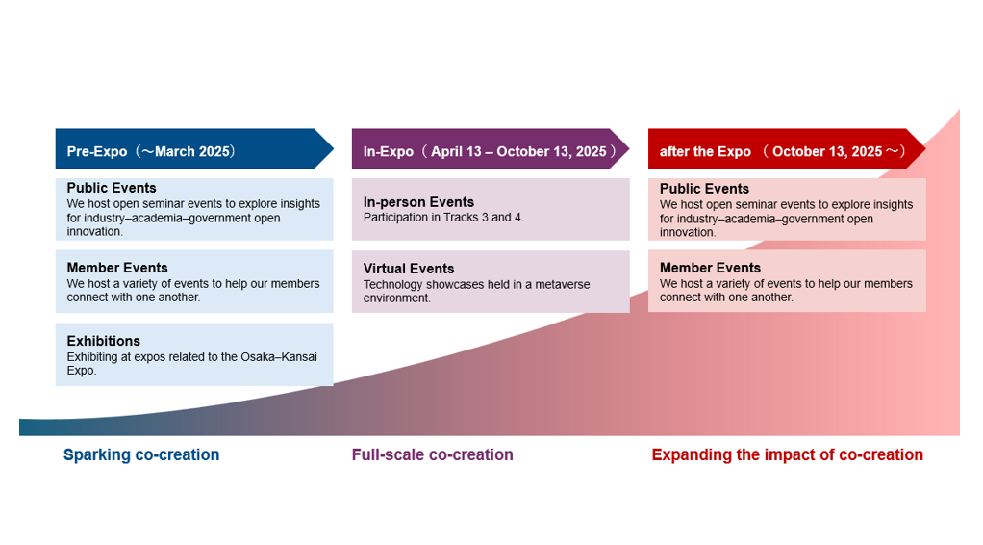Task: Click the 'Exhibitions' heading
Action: pyautogui.click(x=104, y=341)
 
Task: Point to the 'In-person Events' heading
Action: pyautogui.click(x=418, y=202)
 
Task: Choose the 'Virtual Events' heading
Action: pyautogui.click(x=409, y=269)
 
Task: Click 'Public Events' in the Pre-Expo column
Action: pyautogui.click(x=112, y=188)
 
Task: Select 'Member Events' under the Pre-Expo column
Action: pyautogui.click(x=117, y=268)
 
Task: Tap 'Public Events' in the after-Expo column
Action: pyautogui.click(x=704, y=189)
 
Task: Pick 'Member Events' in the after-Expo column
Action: pyautogui.click(x=710, y=268)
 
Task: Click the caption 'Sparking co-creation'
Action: pyautogui.click(x=141, y=454)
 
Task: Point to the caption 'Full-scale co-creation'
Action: pyautogui.click(x=433, y=454)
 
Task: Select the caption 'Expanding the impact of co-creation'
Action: pyautogui.click(x=787, y=454)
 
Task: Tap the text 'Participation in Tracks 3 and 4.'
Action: pyautogui.click(x=443, y=218)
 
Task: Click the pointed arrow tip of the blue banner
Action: pyautogui.click(x=329, y=149)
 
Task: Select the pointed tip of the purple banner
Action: pyautogui.click(x=625, y=149)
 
